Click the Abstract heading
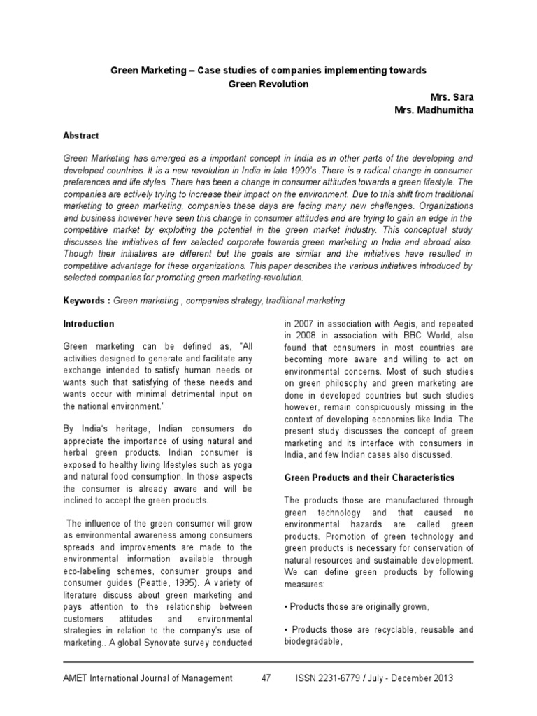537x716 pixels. tap(80, 136)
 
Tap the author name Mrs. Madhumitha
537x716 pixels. tap(434, 110)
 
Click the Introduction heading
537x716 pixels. tap(88, 324)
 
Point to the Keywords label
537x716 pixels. tap(85, 301)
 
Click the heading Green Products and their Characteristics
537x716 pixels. tap(369, 478)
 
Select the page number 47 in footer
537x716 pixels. tap(266, 678)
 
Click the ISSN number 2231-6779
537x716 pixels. tap(348, 678)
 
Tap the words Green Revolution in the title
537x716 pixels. tap(268, 84)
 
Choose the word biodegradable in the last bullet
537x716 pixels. tap(313, 641)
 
